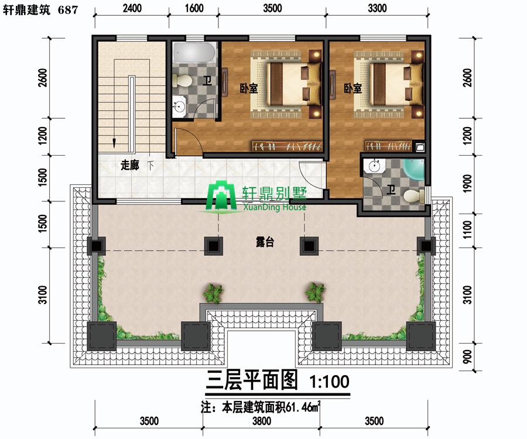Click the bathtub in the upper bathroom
tap(194, 53)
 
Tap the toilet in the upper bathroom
tap(182, 81)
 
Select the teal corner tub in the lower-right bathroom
tap(414, 170)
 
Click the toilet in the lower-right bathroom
tap(414, 196)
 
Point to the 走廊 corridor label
tap(130, 165)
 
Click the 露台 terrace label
tap(265, 242)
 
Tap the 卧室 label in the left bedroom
tap(249, 88)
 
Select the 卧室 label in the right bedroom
tap(353, 88)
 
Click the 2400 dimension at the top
tap(132, 8)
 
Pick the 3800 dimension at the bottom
tap(262, 421)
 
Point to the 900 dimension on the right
tap(467, 356)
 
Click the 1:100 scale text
tap(329, 382)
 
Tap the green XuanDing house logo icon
tap(221, 196)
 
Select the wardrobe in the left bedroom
tap(288, 146)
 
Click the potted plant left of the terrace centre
tap(213, 293)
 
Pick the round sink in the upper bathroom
tap(179, 107)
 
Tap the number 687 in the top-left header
tap(68, 10)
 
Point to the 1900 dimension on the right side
tap(467, 183)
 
